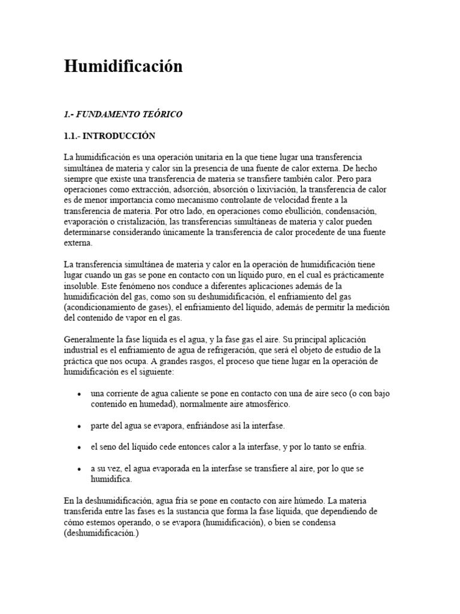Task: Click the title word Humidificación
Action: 123,67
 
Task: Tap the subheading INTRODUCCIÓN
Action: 119,136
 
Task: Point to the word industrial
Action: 81,350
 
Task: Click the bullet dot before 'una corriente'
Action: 80,394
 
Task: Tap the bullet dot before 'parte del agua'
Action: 80,426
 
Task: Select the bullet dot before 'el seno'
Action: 80,448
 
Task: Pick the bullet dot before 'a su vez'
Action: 80,469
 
